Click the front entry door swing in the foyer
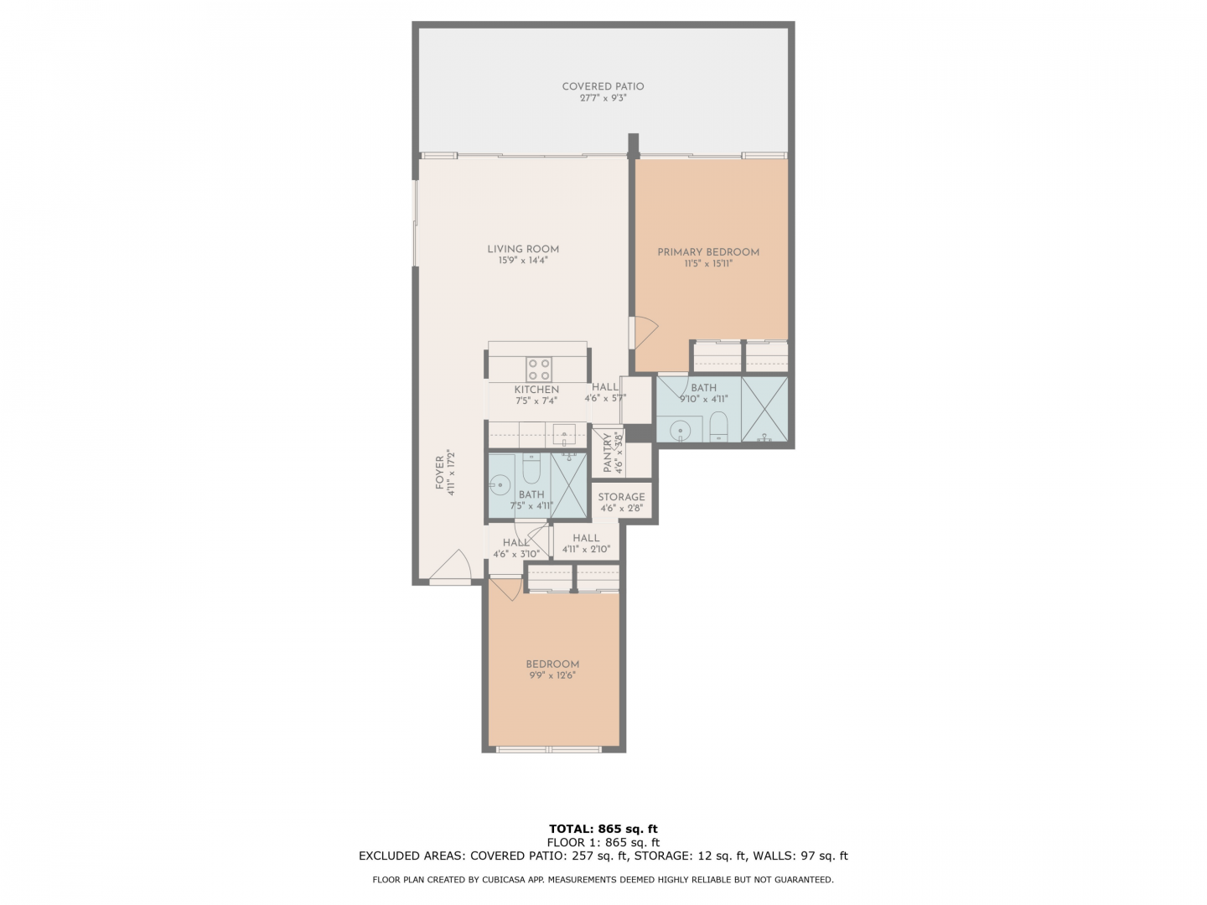(x=451, y=565)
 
